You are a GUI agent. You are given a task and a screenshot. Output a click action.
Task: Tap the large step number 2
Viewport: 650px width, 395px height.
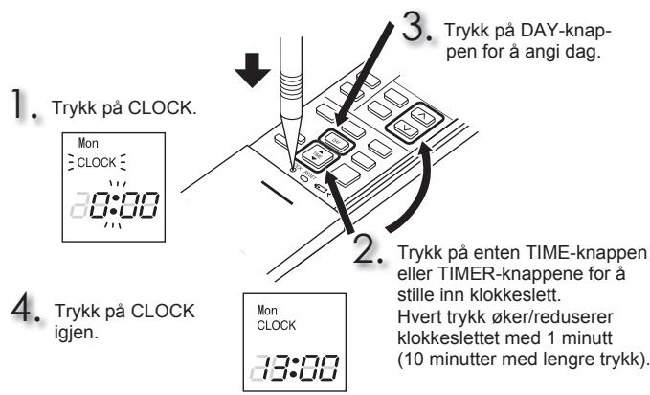pyautogui.click(x=367, y=248)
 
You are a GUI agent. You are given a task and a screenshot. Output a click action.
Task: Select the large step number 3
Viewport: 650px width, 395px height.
pyautogui.click(x=416, y=27)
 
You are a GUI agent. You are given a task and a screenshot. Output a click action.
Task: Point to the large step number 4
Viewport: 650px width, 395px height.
pyautogui.click(x=25, y=309)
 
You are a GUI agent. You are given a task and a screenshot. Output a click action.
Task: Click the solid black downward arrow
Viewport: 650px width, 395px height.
pyautogui.click(x=253, y=70)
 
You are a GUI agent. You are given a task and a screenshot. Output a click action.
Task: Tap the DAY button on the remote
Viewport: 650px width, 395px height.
pyautogui.click(x=337, y=142)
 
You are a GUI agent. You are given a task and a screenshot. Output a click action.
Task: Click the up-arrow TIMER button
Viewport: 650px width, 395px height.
pyautogui.click(x=422, y=117)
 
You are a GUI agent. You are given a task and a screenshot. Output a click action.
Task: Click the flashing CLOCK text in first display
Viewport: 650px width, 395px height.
pyautogui.click(x=97, y=162)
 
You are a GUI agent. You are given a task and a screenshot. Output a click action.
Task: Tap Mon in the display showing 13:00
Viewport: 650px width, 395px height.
pyautogui.click(x=267, y=311)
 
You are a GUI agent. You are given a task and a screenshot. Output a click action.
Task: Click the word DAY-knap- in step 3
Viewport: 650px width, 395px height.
pyautogui.click(x=566, y=31)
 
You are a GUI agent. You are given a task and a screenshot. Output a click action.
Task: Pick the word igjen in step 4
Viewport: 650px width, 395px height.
pyautogui.click(x=77, y=333)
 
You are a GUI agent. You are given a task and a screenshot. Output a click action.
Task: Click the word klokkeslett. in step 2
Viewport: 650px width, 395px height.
pyautogui.click(x=515, y=295)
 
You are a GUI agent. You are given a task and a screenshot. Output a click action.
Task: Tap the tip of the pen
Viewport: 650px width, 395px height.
pyautogui.click(x=294, y=169)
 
